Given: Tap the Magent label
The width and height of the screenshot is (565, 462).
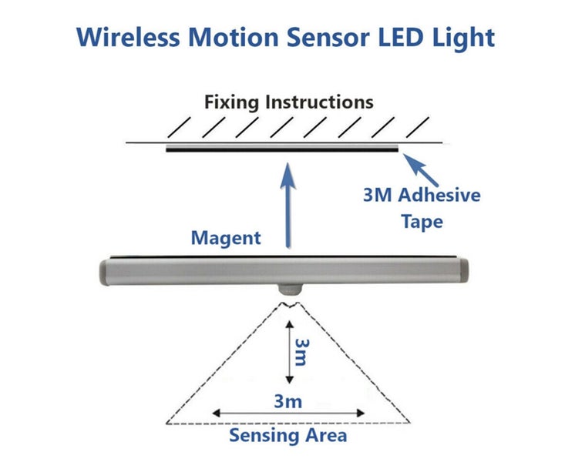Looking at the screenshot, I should (x=226, y=238).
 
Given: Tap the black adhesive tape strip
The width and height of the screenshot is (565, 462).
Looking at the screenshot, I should (x=283, y=149).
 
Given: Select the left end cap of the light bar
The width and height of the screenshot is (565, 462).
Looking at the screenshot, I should (x=107, y=272).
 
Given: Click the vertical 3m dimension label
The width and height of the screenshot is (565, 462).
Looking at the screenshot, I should (x=301, y=354).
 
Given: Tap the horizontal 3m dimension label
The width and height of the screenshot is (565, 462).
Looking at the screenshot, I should (x=288, y=401).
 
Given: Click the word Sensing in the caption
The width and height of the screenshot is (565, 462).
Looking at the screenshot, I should (x=262, y=436).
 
